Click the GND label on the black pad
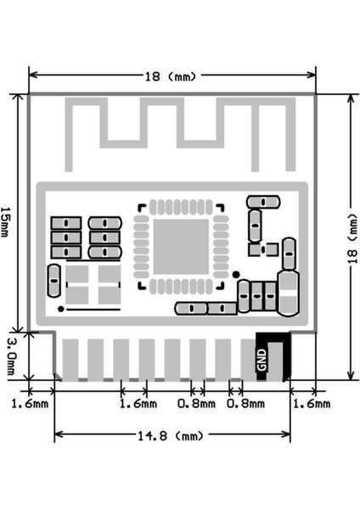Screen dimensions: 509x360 tap(262, 360)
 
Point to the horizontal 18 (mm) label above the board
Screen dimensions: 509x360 tap(170, 76)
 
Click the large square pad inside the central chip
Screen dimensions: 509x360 tap(179, 246)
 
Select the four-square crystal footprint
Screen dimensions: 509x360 tap(93, 285)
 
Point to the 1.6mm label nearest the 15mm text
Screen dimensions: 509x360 tap(30, 405)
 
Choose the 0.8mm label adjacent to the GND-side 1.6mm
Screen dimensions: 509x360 tap(245, 405)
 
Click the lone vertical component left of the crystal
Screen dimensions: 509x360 tap(53, 279)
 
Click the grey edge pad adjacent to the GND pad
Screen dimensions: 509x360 tap(224, 359)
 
